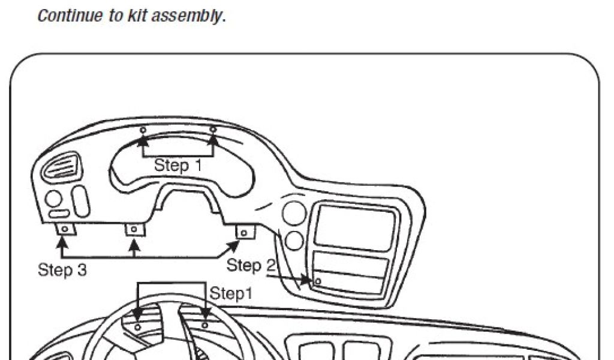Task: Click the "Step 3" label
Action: (62, 270)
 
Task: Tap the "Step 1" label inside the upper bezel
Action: (178, 165)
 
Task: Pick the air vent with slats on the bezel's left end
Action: (59, 166)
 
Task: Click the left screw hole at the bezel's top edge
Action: (143, 130)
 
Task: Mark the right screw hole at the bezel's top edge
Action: (213, 130)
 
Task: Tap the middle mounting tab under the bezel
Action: (134, 229)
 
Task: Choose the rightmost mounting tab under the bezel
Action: (244, 232)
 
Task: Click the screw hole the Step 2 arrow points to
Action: (318, 280)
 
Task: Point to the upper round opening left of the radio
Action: (294, 213)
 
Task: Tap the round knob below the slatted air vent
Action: (53, 199)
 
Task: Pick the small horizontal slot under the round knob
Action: (59, 214)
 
